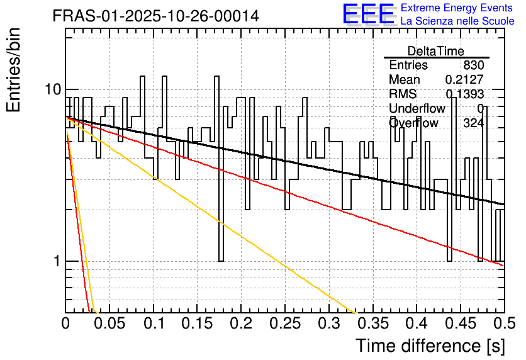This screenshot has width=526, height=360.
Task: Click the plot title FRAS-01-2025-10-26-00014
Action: click(156, 16)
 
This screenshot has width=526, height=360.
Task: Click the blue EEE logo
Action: click(368, 14)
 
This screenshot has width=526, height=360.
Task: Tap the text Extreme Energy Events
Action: click(457, 8)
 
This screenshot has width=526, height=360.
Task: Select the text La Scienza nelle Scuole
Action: click(457, 21)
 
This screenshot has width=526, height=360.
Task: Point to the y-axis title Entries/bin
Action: click(14, 70)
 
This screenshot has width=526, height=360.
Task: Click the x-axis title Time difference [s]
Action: click(430, 346)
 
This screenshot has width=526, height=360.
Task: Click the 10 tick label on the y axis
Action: click(53, 89)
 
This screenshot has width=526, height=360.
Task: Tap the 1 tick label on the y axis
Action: click(58, 261)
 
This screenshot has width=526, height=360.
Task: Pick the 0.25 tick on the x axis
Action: click(285, 323)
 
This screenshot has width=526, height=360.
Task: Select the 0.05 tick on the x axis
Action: click(109, 323)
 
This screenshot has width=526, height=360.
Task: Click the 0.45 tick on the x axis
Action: click(461, 323)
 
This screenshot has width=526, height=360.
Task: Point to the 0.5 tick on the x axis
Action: click(504, 323)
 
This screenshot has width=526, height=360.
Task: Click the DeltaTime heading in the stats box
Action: click(436, 51)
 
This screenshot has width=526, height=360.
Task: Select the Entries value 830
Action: click(474, 65)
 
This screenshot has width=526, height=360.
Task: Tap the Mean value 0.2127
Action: click(464, 79)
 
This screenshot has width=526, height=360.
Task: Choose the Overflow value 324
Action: click(474, 123)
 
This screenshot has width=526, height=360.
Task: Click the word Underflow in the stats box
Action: click(417, 108)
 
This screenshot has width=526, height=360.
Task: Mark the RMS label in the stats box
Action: click(403, 94)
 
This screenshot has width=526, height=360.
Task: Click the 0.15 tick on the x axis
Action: click(197, 323)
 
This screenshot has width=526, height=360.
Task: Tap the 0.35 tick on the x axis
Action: click(372, 323)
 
